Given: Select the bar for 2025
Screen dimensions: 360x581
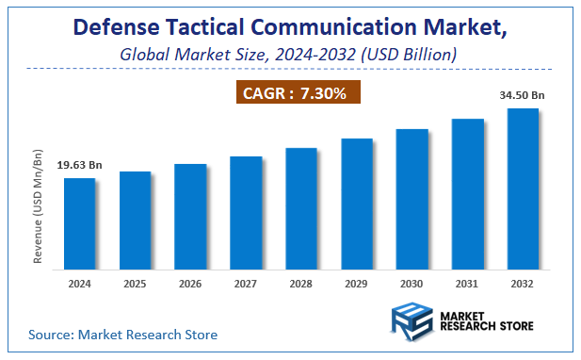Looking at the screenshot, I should point(135,219).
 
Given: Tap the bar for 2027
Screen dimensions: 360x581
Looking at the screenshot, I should point(246,211).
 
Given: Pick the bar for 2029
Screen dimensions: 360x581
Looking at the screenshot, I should point(357,202).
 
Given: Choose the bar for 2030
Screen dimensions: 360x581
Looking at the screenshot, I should point(412,197).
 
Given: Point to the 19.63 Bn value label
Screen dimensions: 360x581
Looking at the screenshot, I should point(78,166).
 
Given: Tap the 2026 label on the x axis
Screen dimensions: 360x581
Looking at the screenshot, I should point(190,283).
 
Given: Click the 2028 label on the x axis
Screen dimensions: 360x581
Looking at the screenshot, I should point(301,283).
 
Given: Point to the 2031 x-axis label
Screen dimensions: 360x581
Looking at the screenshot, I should point(468,283).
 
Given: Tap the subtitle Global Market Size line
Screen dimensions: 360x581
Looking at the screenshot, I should point(289,55).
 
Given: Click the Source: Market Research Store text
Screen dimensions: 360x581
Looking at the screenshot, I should point(122,334).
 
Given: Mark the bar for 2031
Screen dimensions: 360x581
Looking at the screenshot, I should point(468,192).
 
